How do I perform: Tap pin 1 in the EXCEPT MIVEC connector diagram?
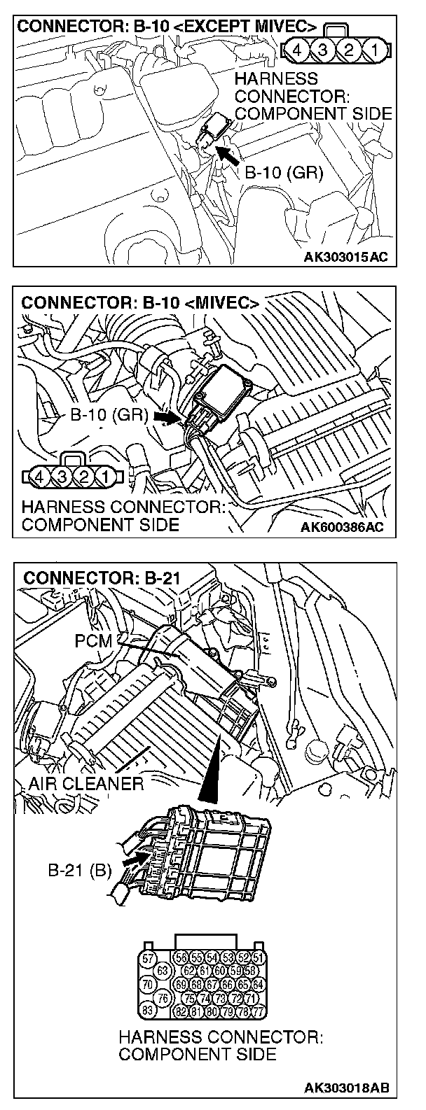(376, 50)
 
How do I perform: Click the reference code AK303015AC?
(345, 256)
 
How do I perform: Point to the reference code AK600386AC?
(345, 526)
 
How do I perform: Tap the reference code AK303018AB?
(346, 1088)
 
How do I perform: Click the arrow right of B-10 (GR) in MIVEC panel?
(165, 416)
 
